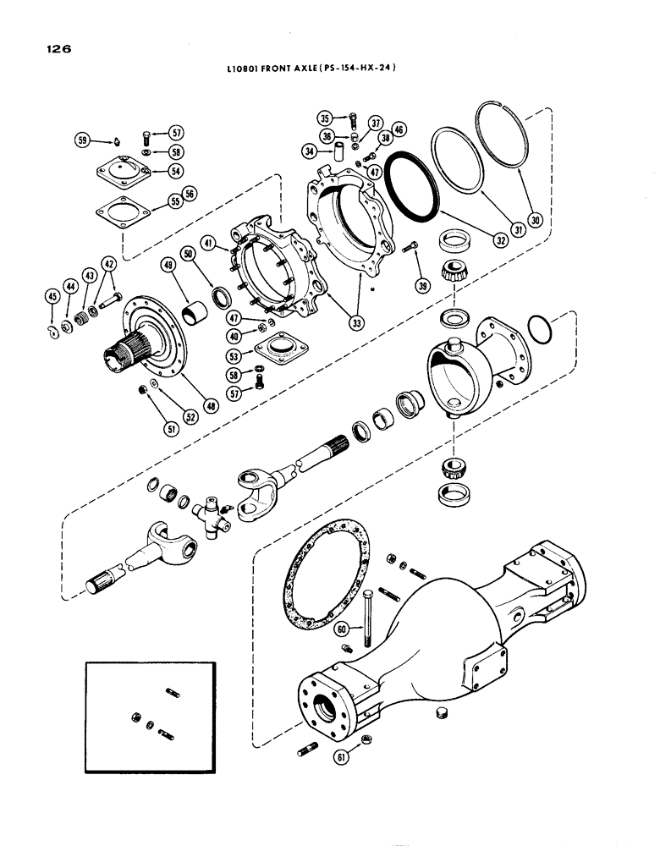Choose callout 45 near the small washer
(52, 295)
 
